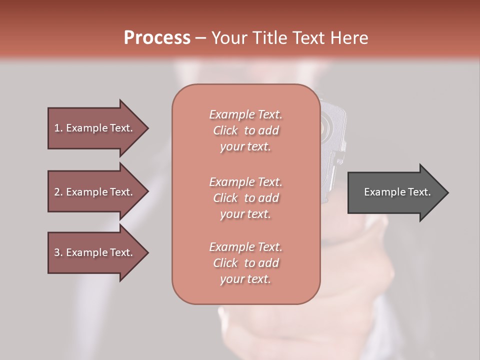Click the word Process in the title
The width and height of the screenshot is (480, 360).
(x=157, y=38)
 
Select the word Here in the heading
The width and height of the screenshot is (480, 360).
(x=349, y=38)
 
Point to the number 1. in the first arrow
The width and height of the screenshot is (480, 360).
(x=58, y=128)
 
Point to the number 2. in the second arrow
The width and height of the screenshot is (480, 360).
(x=58, y=192)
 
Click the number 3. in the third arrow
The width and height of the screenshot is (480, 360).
(x=58, y=252)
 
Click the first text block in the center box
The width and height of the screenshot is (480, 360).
(x=245, y=130)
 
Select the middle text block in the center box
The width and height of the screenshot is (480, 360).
(x=245, y=197)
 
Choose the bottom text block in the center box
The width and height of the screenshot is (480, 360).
(x=245, y=263)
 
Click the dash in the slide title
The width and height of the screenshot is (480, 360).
(x=201, y=38)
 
